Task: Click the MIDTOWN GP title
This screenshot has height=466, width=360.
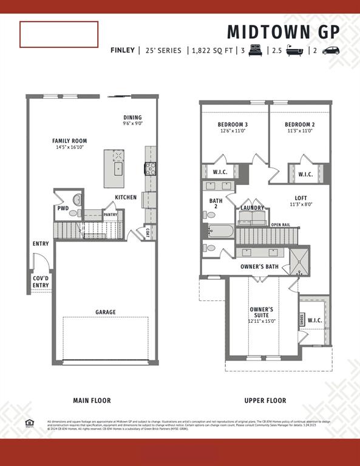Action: (x=284, y=32)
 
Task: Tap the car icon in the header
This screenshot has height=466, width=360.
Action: (x=331, y=50)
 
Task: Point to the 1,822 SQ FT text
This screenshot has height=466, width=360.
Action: (x=212, y=50)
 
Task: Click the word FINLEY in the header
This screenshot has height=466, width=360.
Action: (x=122, y=50)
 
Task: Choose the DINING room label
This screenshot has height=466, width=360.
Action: (x=132, y=118)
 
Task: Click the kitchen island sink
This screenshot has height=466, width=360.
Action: (x=118, y=168)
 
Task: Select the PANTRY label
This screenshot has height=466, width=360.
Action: (x=110, y=214)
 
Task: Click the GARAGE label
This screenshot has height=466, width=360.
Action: (x=105, y=312)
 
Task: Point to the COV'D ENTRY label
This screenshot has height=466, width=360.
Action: (x=41, y=282)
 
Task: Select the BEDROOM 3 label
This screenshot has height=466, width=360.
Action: (x=233, y=125)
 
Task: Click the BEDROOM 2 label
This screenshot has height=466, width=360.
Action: (x=299, y=125)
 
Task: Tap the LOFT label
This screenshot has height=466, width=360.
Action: (x=301, y=198)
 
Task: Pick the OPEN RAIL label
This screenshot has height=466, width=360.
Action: (x=280, y=225)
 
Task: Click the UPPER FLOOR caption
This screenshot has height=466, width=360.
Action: (x=265, y=400)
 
